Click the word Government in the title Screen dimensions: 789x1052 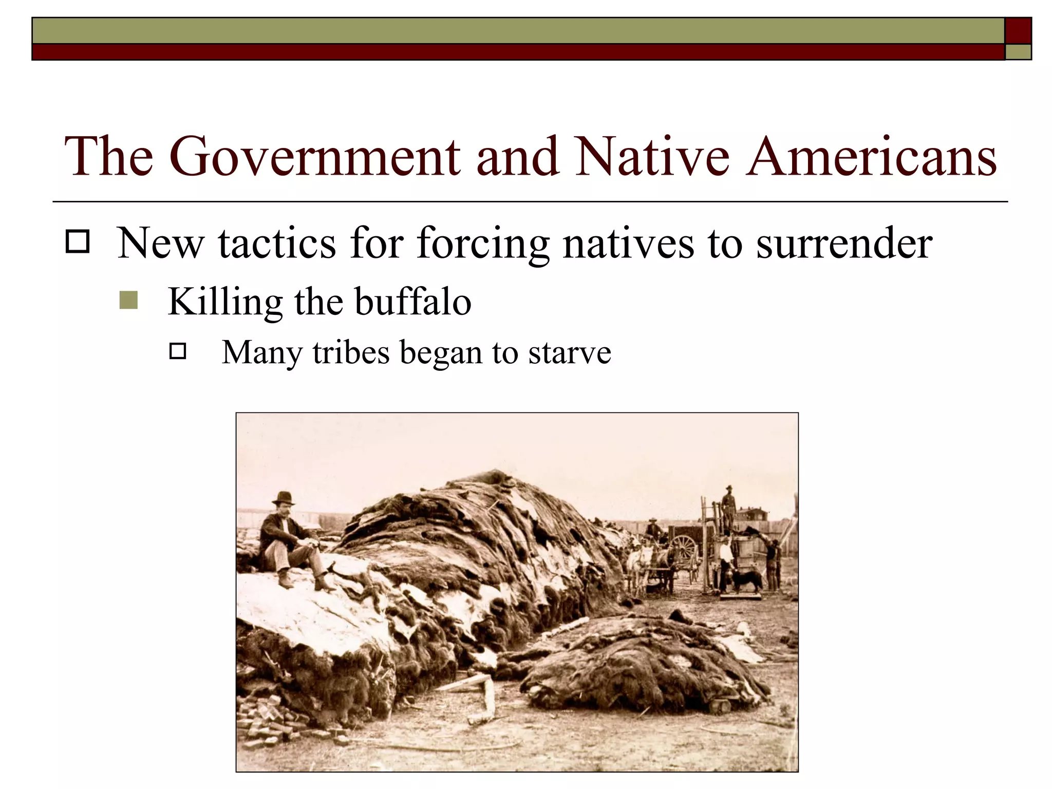point(314,157)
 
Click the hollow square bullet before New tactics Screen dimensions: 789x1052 point(78,241)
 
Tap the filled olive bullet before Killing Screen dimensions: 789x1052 point(128,300)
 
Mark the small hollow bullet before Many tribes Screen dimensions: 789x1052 point(177,351)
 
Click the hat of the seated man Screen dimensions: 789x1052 point(283,498)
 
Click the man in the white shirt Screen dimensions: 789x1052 point(725,557)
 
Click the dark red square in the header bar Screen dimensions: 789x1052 point(1018,31)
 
